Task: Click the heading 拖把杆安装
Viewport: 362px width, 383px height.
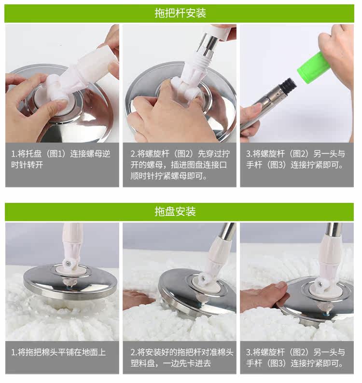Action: (x=180, y=13)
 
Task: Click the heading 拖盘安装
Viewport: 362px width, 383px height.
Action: (x=175, y=211)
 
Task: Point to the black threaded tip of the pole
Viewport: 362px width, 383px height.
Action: (x=289, y=87)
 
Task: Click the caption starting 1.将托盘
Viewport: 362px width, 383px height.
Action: (x=61, y=159)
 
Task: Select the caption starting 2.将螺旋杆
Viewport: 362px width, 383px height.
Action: (x=180, y=165)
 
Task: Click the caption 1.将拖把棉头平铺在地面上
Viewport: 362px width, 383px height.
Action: (x=58, y=352)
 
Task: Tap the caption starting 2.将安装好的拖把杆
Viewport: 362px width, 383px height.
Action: (x=181, y=357)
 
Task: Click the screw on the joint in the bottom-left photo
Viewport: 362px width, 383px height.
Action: (x=69, y=264)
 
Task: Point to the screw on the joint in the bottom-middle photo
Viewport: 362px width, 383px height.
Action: (x=203, y=277)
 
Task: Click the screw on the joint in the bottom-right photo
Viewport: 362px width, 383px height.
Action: (x=320, y=283)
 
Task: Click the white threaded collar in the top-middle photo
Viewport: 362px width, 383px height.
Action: (x=203, y=60)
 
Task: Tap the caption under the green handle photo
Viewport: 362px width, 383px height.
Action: (x=295, y=159)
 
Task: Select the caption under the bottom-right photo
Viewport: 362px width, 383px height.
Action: (x=295, y=357)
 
